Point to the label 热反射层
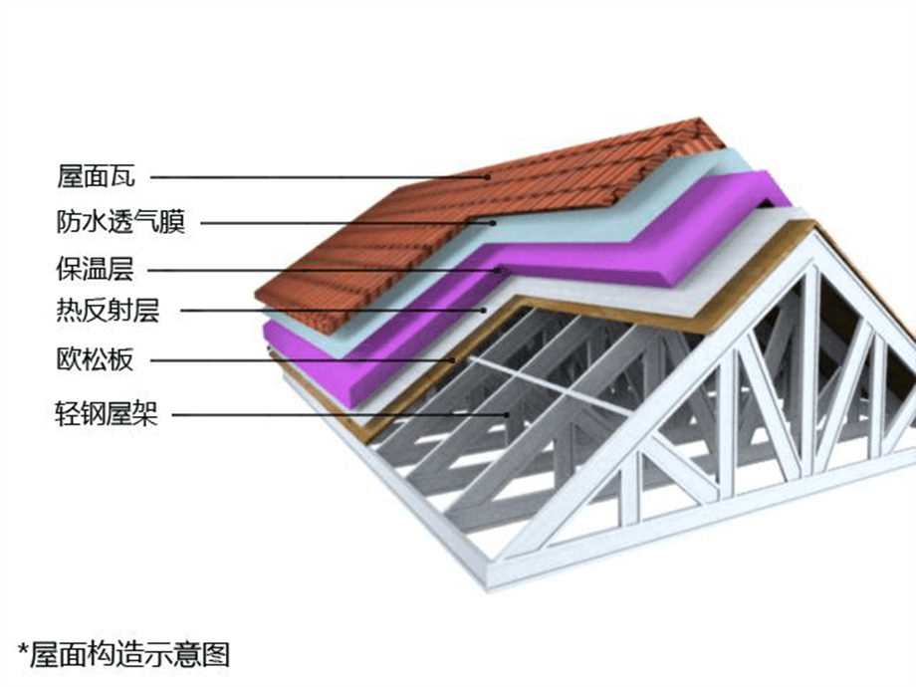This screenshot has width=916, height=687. point(108,313)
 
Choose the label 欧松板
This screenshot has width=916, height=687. point(95,359)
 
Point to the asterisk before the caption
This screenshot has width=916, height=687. point(22,651)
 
